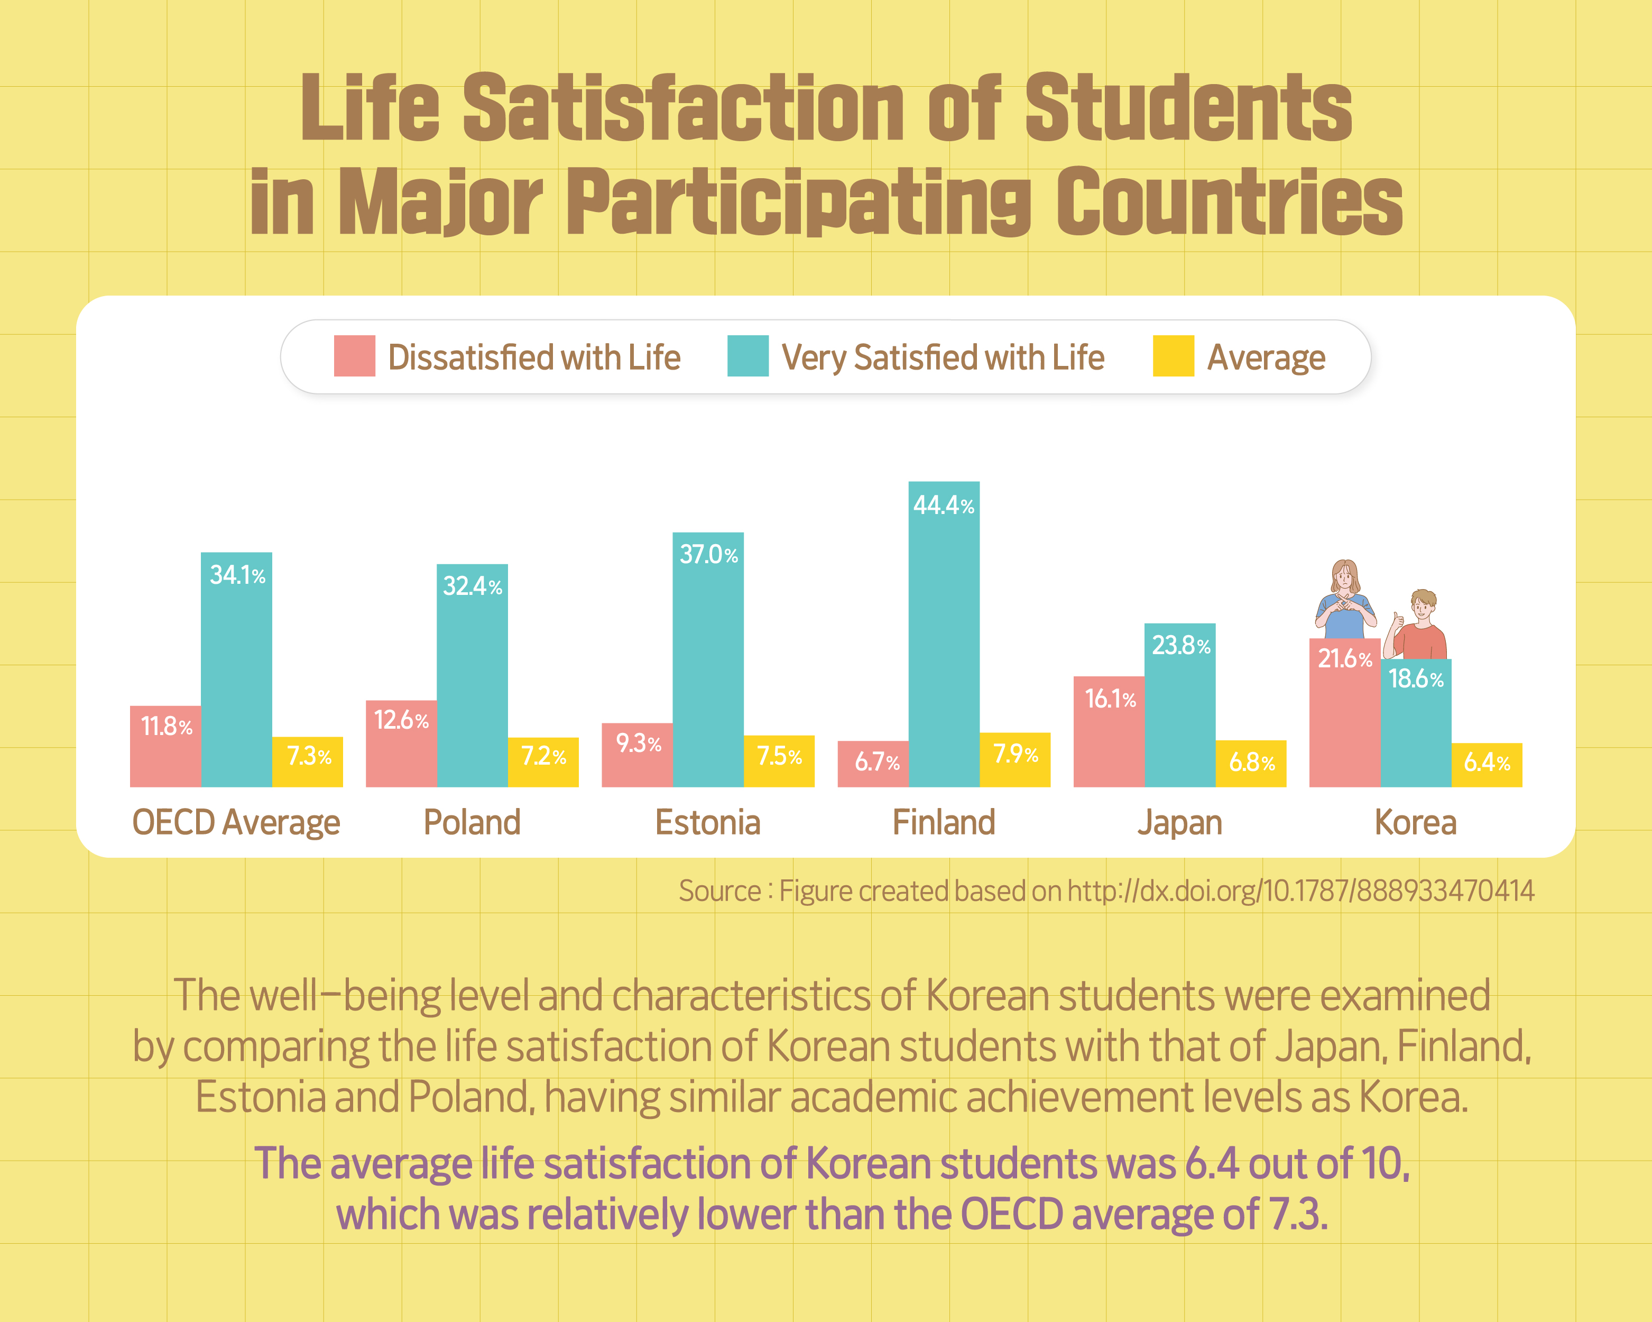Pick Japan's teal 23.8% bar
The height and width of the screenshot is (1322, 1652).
click(x=1179, y=705)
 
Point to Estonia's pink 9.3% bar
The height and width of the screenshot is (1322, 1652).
click(x=636, y=755)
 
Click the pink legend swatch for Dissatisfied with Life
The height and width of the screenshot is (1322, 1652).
click(x=354, y=356)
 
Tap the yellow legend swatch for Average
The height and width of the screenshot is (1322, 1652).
click(x=1173, y=356)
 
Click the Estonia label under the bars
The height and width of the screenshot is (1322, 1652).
click(x=707, y=822)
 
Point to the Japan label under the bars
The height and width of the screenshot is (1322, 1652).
click(x=1179, y=822)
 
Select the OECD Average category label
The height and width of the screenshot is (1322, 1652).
click(x=236, y=822)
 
